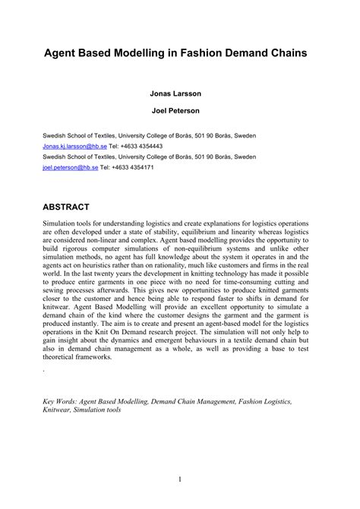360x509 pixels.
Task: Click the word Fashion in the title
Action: [200, 56]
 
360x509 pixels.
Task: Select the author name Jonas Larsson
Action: [180, 96]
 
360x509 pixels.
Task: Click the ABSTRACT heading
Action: [67, 206]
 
